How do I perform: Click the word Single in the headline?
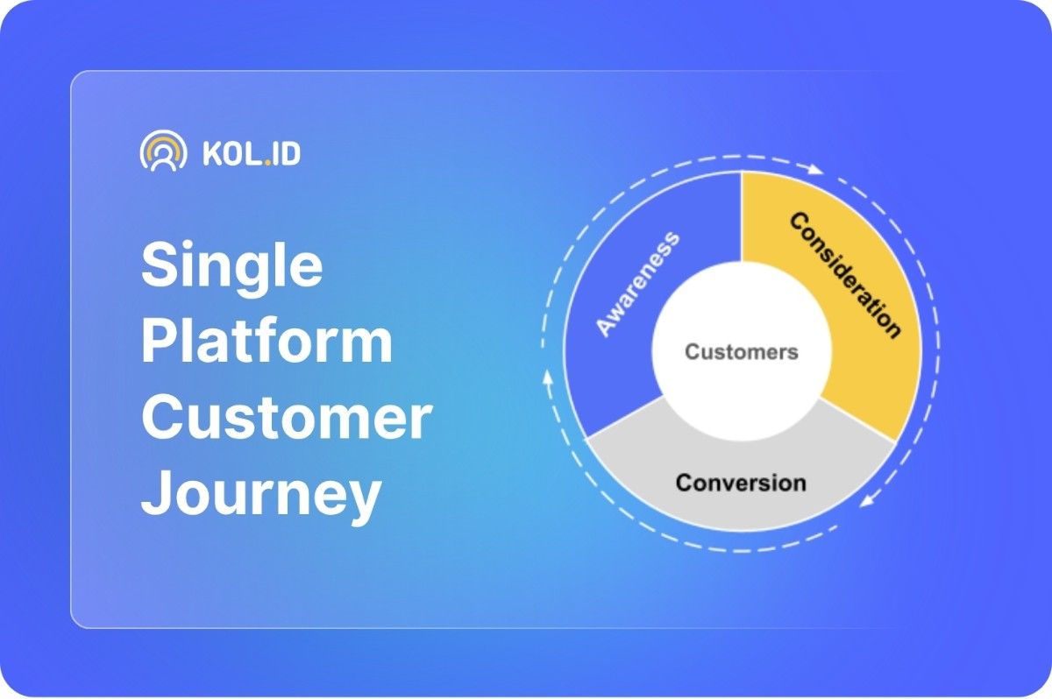232,268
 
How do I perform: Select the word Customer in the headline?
287,417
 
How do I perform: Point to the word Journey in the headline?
261,496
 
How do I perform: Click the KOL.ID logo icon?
163,151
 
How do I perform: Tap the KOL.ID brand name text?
252,153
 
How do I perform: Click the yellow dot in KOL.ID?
267,163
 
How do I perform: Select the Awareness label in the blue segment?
637,284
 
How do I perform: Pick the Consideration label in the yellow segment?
845,275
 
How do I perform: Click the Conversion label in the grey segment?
741,483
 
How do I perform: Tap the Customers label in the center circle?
742,352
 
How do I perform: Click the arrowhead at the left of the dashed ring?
547,378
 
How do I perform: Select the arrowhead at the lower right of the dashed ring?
867,500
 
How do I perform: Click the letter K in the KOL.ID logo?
211,153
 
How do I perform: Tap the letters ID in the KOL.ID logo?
287,153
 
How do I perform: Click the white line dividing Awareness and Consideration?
742,216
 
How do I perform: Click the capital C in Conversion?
685,483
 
